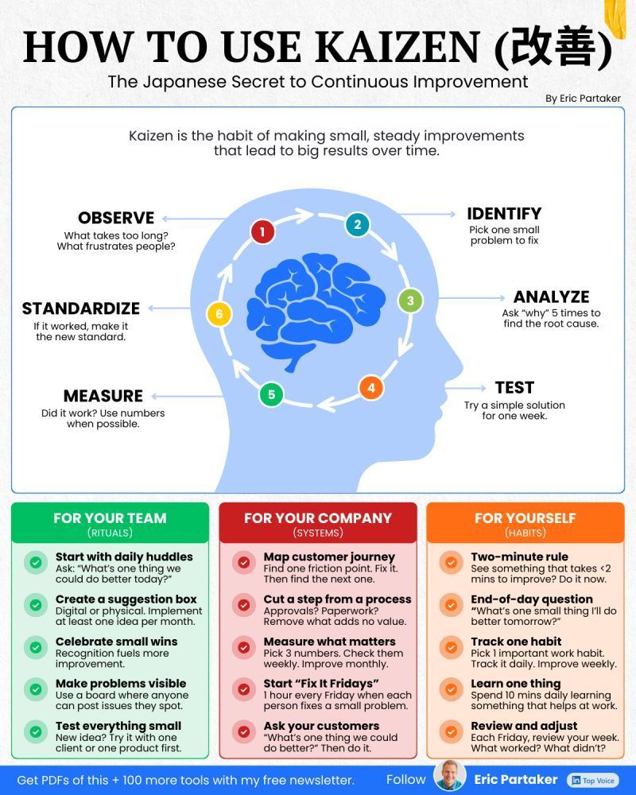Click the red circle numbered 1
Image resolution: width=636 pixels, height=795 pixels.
[262, 232]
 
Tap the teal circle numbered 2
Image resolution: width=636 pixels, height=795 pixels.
[358, 224]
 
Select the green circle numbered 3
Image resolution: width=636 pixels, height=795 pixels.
[410, 301]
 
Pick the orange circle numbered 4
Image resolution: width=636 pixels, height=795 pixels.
[370, 388]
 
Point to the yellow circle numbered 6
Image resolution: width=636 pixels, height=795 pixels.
[219, 314]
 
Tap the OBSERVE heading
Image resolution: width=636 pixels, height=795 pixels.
[116, 218]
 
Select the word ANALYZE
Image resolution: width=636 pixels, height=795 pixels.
[551, 297]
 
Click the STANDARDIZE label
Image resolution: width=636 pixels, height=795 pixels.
[81, 308]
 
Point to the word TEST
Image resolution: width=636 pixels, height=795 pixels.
[514, 387]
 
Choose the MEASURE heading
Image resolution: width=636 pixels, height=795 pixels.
[103, 396]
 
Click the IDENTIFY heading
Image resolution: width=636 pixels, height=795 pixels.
[504, 213]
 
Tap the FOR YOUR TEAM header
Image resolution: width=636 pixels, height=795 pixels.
[110, 518]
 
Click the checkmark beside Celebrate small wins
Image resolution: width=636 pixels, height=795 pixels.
[36, 647]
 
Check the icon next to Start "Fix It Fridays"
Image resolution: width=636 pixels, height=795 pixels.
[243, 689]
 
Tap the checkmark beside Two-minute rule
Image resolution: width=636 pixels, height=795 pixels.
[451, 563]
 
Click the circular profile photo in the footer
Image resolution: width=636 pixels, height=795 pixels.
[450, 776]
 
